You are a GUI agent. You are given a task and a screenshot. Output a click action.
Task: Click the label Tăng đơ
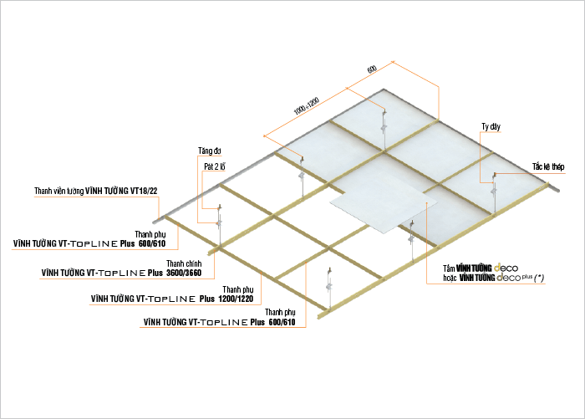(209, 151)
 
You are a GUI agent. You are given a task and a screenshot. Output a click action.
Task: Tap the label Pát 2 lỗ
(215, 166)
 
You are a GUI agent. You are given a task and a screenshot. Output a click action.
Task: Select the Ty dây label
(491, 126)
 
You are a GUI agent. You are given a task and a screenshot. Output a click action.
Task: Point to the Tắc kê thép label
(548, 166)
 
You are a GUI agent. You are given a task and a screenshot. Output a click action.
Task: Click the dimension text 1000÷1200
(307, 105)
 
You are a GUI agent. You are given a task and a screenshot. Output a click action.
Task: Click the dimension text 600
(372, 69)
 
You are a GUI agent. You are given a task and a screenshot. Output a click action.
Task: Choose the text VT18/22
(144, 191)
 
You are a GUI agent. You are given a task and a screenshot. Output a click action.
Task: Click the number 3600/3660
(184, 273)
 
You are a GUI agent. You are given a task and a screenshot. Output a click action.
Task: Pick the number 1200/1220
(236, 299)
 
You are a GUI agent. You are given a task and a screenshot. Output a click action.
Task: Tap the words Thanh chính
(184, 263)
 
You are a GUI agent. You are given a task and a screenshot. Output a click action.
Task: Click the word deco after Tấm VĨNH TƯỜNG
(506, 268)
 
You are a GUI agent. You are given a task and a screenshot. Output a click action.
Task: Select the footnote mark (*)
(539, 278)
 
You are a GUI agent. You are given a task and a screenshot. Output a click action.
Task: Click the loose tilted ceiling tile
(383, 212)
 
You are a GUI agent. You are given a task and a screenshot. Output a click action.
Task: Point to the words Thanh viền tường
(59, 191)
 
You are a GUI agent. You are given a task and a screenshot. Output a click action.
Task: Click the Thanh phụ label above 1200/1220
(238, 289)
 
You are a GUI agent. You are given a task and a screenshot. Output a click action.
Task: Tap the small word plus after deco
(526, 276)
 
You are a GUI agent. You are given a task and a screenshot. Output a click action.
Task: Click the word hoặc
(450, 278)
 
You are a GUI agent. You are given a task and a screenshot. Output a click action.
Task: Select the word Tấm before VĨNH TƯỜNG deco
(449, 268)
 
